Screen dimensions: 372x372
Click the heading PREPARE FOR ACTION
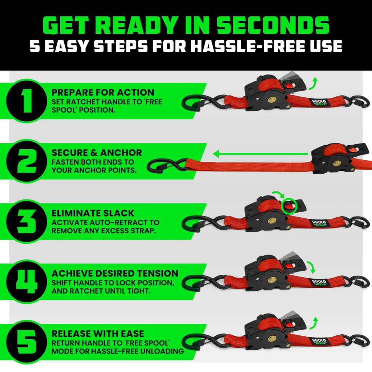click(x=103, y=92)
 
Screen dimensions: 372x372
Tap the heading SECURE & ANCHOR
click(x=97, y=153)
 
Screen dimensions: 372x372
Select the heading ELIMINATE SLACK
click(x=93, y=213)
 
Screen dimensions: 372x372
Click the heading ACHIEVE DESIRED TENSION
click(x=115, y=273)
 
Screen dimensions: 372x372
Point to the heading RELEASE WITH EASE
click(x=98, y=333)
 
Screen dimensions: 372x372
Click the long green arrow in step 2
click(x=262, y=154)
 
